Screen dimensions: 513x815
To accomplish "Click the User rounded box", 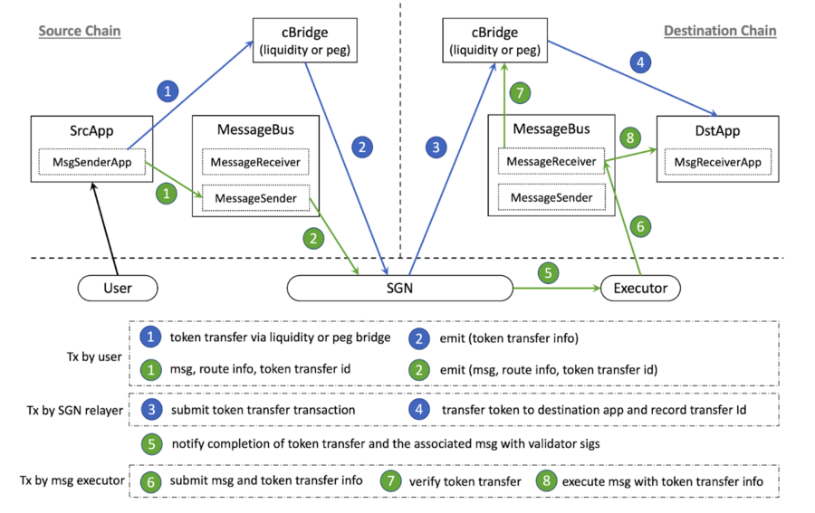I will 118,289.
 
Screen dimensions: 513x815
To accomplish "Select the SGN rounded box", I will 399,289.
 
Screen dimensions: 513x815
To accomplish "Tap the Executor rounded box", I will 640,289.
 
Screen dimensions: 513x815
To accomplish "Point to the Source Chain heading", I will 80,31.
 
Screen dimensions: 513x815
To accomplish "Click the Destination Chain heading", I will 720,31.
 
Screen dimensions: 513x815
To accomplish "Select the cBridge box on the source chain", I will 304,42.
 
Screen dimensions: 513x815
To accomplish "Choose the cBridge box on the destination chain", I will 494,42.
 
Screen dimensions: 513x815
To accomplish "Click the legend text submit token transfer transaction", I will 263,411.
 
